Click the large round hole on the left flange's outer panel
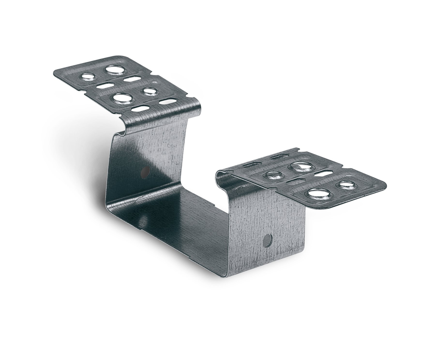click(115, 70)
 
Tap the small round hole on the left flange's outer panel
click(88, 77)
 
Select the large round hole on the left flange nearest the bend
click(122, 98)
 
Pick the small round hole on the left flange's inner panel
click(150, 91)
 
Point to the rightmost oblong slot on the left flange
click(168, 102)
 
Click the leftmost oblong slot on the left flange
click(105, 86)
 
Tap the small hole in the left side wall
click(145, 172)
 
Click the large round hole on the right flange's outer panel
click(319, 194)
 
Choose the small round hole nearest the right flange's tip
click(347, 185)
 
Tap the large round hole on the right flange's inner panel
click(300, 166)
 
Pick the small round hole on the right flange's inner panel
click(274, 174)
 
